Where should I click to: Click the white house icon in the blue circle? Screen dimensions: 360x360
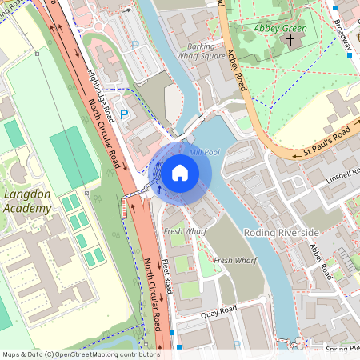(180, 172)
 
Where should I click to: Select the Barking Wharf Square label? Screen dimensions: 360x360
(200, 51)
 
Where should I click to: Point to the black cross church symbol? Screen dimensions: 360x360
(290, 39)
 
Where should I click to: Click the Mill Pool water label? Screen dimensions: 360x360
(204, 150)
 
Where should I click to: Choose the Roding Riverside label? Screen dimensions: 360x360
(281, 232)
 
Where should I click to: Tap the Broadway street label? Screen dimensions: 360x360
(342, 32)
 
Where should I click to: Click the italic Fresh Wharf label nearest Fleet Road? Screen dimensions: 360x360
(180, 231)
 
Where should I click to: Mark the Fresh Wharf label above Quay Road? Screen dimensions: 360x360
(235, 261)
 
